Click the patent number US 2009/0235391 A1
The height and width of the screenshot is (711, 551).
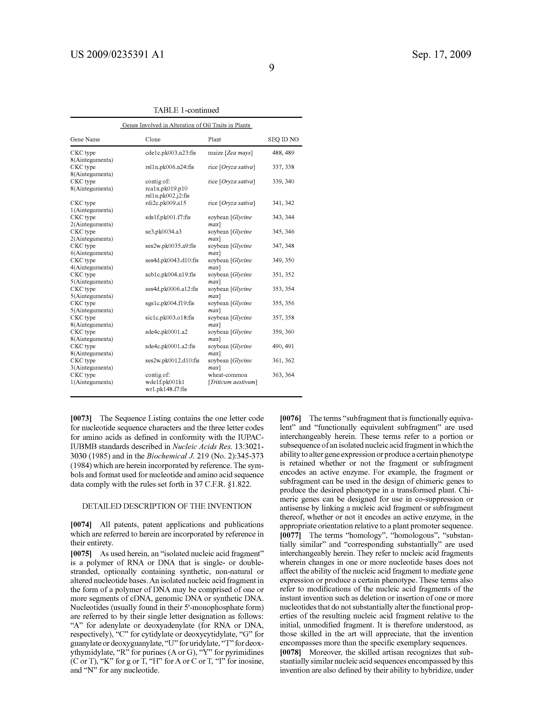click(x=117, y=54)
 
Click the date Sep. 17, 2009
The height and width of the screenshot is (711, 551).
click(x=441, y=54)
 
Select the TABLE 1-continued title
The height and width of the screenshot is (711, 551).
click(x=186, y=110)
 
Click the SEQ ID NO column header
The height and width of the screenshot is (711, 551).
click(x=283, y=139)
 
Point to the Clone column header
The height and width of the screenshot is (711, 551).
click(x=153, y=139)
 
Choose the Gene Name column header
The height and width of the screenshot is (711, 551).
click(x=85, y=139)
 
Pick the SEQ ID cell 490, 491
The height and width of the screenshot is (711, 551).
click(x=283, y=346)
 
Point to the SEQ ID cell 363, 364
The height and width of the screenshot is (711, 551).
click(x=283, y=375)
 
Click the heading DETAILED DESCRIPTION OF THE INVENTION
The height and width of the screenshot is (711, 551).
click(x=167, y=506)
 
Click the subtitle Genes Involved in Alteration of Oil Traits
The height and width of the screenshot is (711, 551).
click(x=186, y=125)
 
